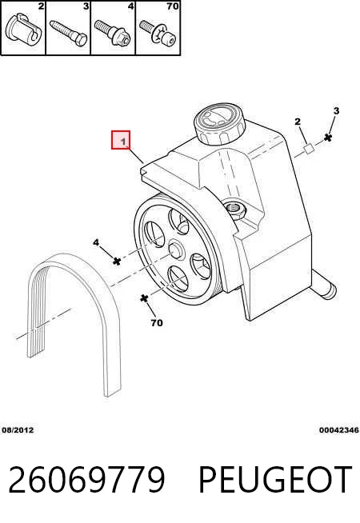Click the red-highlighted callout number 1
click(123, 142)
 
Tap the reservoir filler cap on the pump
click(219, 124)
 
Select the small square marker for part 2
click(309, 149)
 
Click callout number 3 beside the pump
click(336, 110)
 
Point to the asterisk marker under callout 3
click(328, 138)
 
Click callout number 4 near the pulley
click(96, 242)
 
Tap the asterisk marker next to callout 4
click(117, 261)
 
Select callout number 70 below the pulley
click(157, 323)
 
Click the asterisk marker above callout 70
click(144, 298)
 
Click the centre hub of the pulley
click(176, 250)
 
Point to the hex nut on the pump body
click(235, 210)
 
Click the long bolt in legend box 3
click(69, 33)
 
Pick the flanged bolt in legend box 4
click(112, 33)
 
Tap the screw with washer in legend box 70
click(158, 33)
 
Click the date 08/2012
click(18, 430)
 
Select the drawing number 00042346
click(339, 430)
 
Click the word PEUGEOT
click(275, 480)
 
